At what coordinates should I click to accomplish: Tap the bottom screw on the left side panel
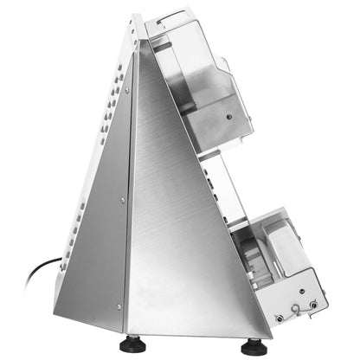tap(121, 302)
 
